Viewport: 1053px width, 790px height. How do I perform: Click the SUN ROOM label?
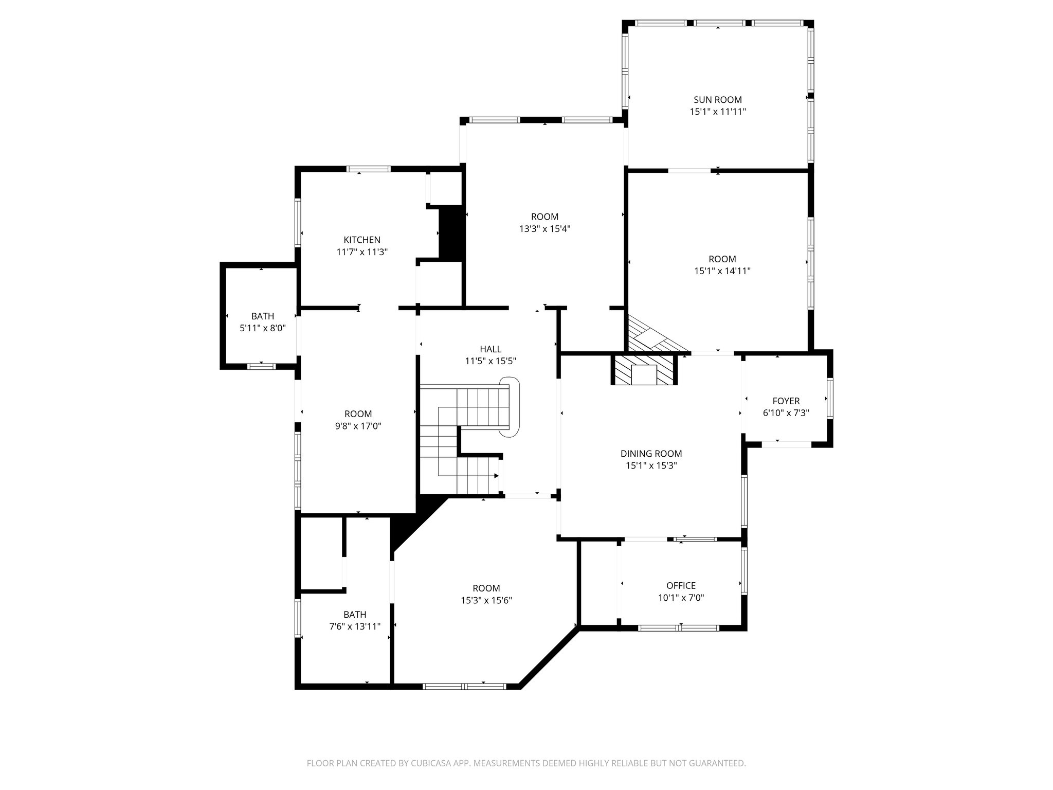point(717,100)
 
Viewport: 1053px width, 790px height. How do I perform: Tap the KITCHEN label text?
point(362,240)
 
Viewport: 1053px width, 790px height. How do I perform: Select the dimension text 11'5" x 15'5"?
point(491,361)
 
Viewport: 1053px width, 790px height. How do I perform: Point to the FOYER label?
point(786,401)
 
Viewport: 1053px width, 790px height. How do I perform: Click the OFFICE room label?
point(681,585)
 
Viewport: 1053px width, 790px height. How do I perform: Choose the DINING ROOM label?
point(651,454)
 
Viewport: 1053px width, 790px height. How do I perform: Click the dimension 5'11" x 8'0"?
point(263,328)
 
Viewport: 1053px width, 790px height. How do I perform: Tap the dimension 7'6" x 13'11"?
point(355,626)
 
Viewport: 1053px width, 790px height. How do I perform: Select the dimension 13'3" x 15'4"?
point(544,229)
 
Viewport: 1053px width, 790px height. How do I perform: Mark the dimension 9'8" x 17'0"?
point(358,426)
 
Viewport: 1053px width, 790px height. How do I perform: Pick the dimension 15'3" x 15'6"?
point(486,600)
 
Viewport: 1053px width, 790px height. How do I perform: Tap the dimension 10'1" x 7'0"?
point(681,598)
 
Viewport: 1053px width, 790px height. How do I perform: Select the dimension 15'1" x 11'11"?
point(717,112)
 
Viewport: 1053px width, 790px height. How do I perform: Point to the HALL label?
point(491,349)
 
